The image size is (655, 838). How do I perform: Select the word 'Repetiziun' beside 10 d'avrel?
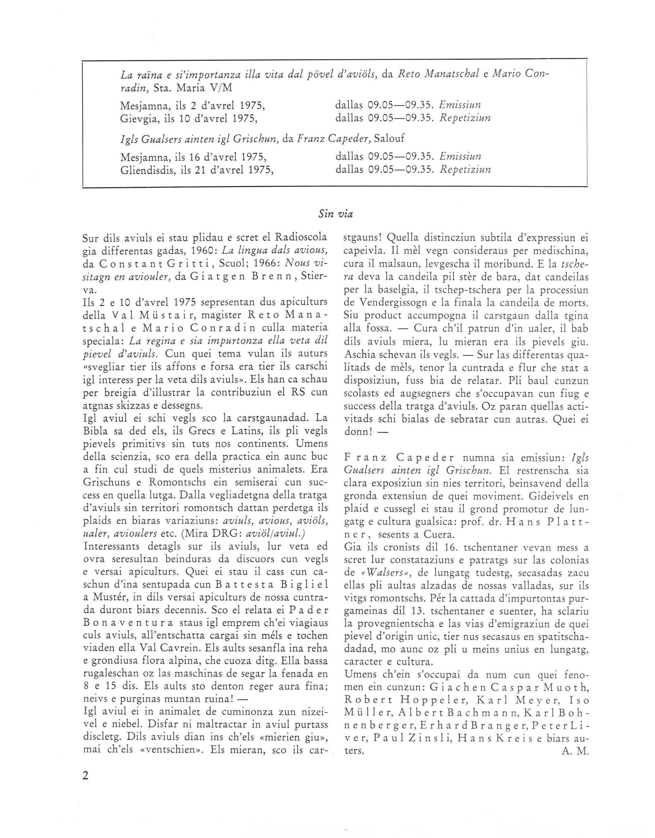coord(465,118)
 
